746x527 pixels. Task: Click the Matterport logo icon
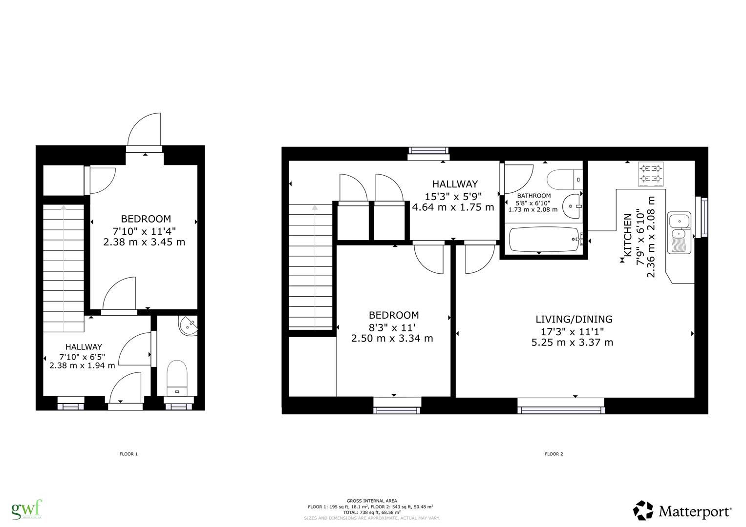(643, 510)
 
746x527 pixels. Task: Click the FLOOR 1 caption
(128, 454)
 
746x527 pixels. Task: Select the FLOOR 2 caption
(554, 454)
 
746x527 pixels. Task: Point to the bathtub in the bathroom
(544, 240)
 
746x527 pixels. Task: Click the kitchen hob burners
(652, 175)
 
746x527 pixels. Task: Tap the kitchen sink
(679, 233)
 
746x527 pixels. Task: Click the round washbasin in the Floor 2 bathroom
(572, 206)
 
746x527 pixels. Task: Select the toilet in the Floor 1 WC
(176, 378)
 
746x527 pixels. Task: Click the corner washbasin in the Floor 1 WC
(189, 325)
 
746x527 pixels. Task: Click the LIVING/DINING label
(574, 319)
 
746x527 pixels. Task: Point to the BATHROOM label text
(533, 196)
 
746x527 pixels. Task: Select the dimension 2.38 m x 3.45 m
(144, 242)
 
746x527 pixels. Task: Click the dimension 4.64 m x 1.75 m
(453, 207)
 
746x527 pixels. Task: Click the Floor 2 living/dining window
(561, 405)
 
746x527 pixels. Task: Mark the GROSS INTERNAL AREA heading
(371, 501)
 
